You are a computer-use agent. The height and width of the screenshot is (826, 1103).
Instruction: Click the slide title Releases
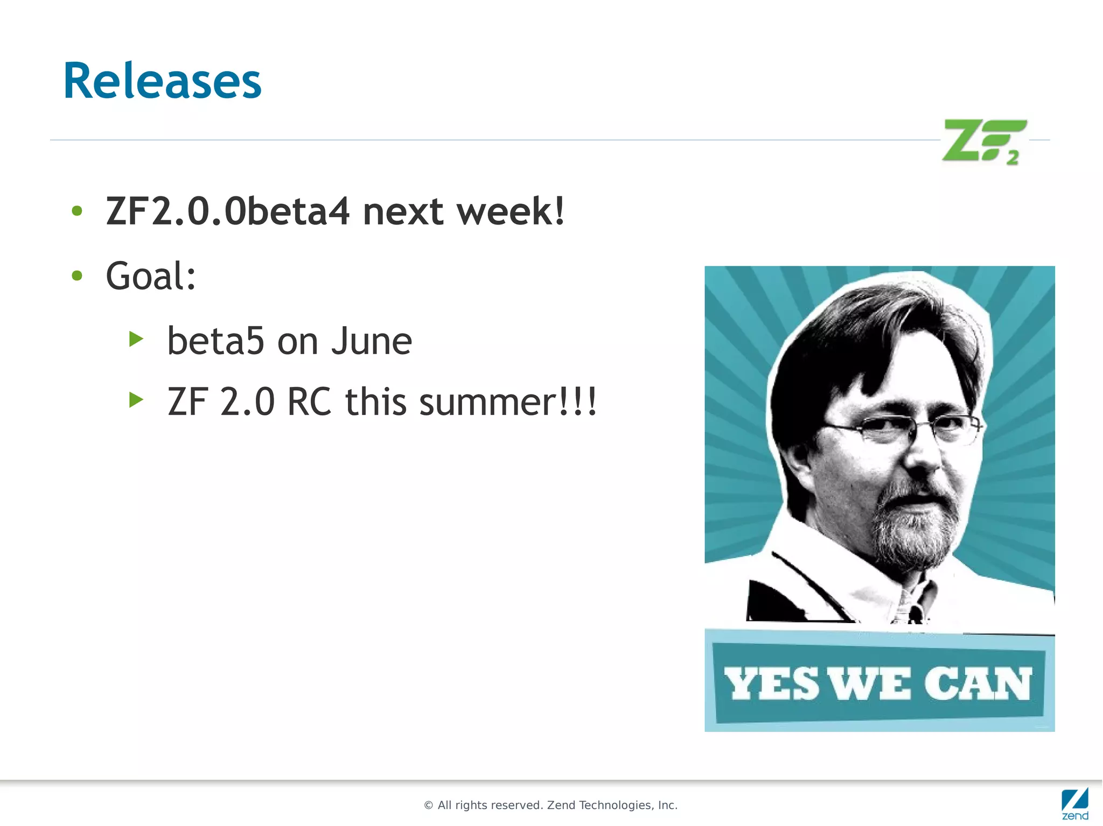(162, 81)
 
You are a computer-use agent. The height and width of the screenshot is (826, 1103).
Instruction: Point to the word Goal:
(151, 277)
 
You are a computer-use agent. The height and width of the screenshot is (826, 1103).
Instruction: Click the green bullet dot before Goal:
(77, 276)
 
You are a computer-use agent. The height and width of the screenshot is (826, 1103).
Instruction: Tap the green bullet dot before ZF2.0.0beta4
(77, 211)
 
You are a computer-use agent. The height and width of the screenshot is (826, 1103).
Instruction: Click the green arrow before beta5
(137, 339)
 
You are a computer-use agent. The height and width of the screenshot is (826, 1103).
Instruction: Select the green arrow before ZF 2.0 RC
(137, 400)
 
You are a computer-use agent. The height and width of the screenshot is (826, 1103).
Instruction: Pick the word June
(372, 341)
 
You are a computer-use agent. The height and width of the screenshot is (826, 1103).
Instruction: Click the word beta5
(215, 341)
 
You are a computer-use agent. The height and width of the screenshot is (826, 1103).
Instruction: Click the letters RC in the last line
(309, 402)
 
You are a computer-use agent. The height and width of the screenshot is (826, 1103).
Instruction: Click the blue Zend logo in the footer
(1074, 803)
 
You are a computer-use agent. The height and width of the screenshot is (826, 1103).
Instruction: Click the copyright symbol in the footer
(429, 806)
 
